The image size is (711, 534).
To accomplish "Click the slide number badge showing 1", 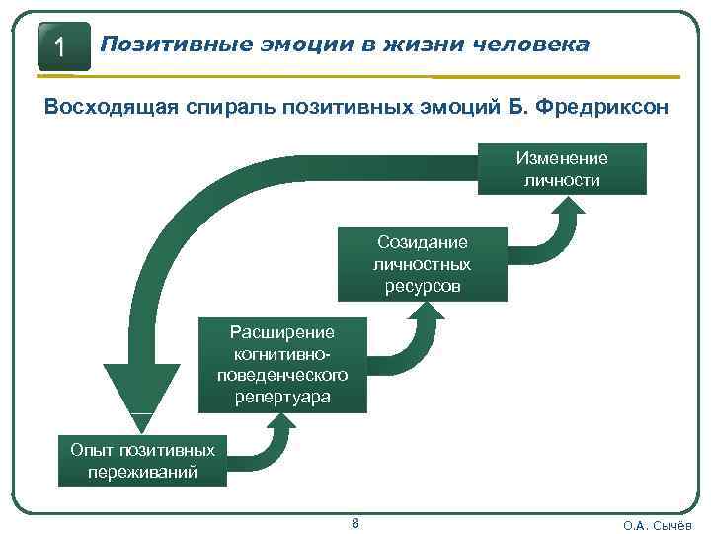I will (63, 46).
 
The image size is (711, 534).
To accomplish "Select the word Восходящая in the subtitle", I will (110, 108).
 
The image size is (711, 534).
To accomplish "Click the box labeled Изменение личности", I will (562, 169).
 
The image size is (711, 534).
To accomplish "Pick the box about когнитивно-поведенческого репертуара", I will (282, 365).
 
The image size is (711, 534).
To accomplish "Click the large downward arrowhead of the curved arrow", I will (141, 391).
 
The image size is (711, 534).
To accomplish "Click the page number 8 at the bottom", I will (355, 522).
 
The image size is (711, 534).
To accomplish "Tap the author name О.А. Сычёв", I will (658, 525).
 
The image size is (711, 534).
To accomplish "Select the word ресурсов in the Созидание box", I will (422, 287).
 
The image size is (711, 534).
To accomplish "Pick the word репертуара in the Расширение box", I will (282, 398).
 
